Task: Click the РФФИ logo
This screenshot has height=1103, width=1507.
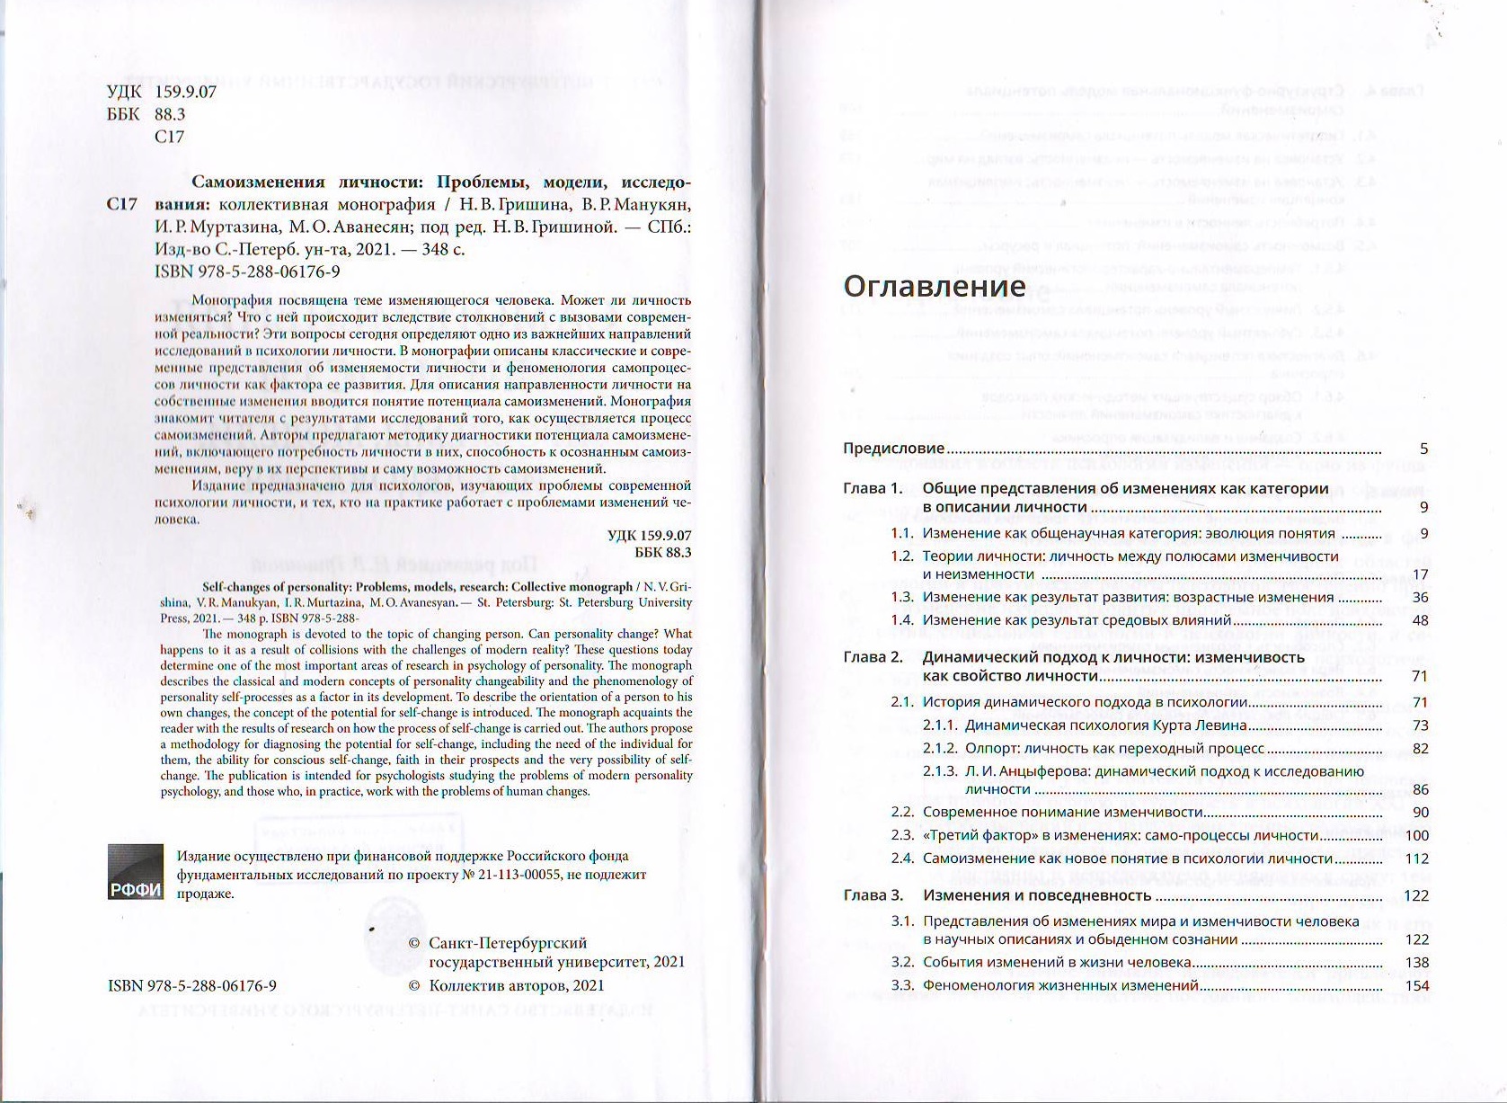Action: tap(136, 872)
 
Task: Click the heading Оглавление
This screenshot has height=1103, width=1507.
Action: tap(934, 286)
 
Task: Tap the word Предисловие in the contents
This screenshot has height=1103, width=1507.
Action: tap(893, 449)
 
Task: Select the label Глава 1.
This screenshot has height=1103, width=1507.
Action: tap(872, 489)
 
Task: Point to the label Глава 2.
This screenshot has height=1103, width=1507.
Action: tap(873, 657)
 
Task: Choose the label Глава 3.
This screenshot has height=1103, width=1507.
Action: tap(873, 895)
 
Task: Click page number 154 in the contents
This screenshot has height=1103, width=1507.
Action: tap(1416, 986)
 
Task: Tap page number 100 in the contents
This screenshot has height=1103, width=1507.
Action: tap(1416, 836)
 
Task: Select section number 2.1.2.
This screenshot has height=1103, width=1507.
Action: tap(940, 749)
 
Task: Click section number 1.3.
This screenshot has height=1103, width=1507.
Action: tap(901, 598)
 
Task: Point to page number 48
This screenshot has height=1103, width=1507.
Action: tap(1420, 620)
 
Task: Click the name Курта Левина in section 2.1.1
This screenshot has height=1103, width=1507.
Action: tap(1203, 725)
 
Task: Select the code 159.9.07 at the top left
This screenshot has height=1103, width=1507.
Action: tap(185, 93)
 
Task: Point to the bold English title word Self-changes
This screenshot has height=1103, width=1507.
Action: tap(230, 587)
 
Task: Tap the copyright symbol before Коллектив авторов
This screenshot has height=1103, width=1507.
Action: tap(414, 985)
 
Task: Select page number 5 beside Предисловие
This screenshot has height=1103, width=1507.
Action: tap(1423, 449)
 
